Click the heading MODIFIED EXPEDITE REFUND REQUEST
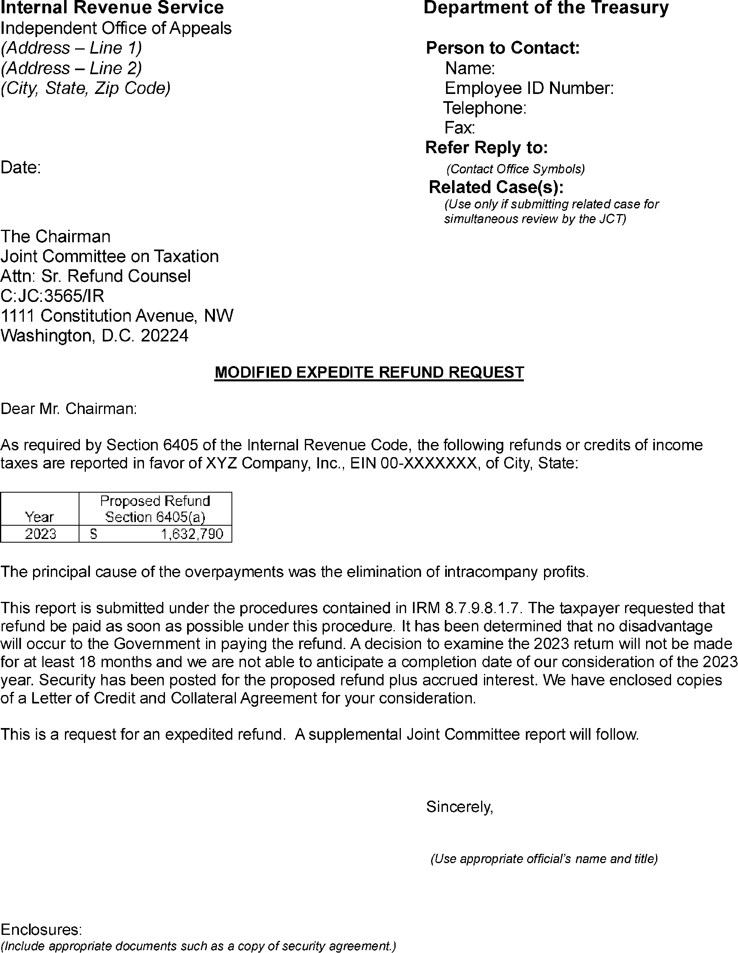[369, 372]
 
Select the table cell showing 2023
[40, 534]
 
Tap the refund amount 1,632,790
[192, 534]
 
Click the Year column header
[39, 517]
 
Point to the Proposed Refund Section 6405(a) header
[155, 509]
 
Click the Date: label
[21, 168]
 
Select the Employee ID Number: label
[529, 89]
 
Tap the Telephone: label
[484, 108]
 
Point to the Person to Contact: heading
[503, 48]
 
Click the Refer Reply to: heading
[487, 148]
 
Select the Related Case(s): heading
[496, 187]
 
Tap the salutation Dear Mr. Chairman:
[69, 409]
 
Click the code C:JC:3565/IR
[52, 296]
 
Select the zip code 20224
[165, 335]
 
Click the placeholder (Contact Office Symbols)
[515, 169]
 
